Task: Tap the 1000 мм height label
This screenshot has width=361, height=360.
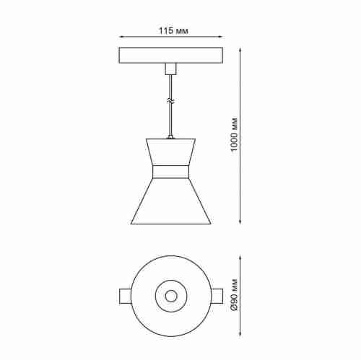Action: [233, 135]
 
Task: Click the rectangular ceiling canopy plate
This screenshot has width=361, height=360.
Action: [170, 56]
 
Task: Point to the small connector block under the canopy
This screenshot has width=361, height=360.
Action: [170, 69]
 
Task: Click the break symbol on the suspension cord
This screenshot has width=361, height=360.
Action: [170, 100]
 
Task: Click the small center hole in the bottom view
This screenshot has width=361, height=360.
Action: [170, 296]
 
